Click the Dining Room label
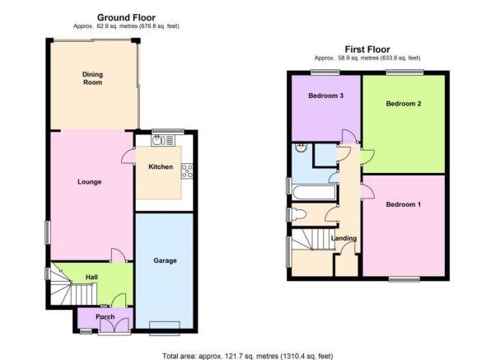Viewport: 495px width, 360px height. point(92,78)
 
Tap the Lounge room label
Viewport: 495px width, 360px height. point(89,182)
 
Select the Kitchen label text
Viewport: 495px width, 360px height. point(161,166)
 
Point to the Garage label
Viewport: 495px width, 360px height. point(165,260)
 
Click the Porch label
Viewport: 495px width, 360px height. point(105,316)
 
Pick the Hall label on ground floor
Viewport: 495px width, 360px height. point(91,278)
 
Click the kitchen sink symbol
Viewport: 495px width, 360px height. point(163,140)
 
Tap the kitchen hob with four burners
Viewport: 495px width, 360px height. point(187,171)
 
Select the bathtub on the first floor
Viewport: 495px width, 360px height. point(314,192)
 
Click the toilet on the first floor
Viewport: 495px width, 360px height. point(298,215)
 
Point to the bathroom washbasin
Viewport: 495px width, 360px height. point(301,147)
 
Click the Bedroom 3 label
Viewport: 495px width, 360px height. point(326,96)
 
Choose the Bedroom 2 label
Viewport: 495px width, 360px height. point(404,104)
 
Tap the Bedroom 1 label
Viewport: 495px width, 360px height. point(404,204)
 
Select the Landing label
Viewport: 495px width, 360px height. point(343,238)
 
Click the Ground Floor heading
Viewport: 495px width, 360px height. point(126,17)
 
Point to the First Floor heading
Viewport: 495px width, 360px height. point(367,49)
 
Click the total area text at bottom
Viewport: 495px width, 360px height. point(247,356)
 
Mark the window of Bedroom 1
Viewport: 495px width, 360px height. point(404,278)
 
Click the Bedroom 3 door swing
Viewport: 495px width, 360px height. point(349,137)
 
